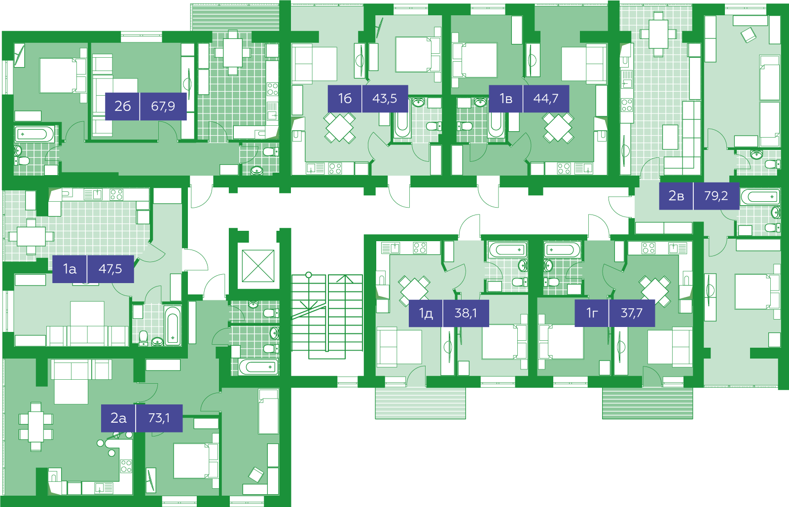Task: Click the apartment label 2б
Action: (x=123, y=106)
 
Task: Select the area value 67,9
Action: (x=163, y=106)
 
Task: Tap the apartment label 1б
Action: (x=345, y=98)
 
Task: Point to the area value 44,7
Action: (x=545, y=98)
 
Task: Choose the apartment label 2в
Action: (x=676, y=195)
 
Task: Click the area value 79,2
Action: (x=716, y=195)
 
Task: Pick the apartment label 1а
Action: (x=70, y=269)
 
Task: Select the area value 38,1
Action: (x=466, y=313)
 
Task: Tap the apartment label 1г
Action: (x=592, y=313)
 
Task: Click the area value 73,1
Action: (x=159, y=418)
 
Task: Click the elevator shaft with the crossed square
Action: (x=258, y=266)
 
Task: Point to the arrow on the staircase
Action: (x=345, y=314)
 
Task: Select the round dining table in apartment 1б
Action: (x=340, y=128)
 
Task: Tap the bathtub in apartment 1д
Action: (x=507, y=250)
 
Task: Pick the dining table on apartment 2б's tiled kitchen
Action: (x=232, y=53)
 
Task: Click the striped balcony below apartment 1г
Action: (x=647, y=403)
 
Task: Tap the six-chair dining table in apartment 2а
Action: (x=36, y=427)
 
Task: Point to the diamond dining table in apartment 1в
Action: (x=558, y=128)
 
